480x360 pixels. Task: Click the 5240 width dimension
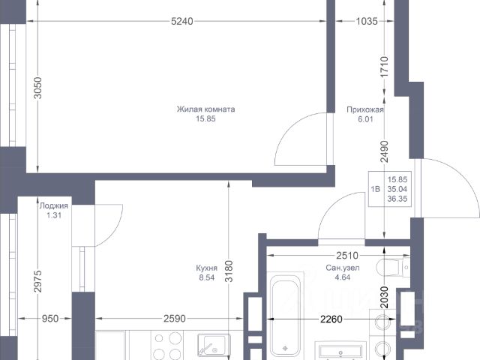(182, 21)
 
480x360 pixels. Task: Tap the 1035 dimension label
(367, 21)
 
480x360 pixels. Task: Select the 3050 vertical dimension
(37, 88)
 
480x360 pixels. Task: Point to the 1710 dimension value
(385, 67)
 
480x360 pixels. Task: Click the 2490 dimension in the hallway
(385, 151)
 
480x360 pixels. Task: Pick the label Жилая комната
(205, 109)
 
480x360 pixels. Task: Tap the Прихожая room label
(365, 109)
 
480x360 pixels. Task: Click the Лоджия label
(54, 205)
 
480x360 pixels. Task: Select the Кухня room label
(207, 268)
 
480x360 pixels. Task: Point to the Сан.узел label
(343, 268)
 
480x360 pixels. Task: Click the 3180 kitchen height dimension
(229, 271)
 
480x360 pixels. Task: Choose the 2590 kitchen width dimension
(175, 319)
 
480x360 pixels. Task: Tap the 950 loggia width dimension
(50, 319)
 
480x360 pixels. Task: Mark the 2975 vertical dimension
(37, 281)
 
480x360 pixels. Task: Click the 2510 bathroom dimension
(347, 255)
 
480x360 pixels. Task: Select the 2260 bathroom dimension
(331, 319)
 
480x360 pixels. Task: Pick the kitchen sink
(213, 345)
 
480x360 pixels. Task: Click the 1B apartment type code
(376, 189)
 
